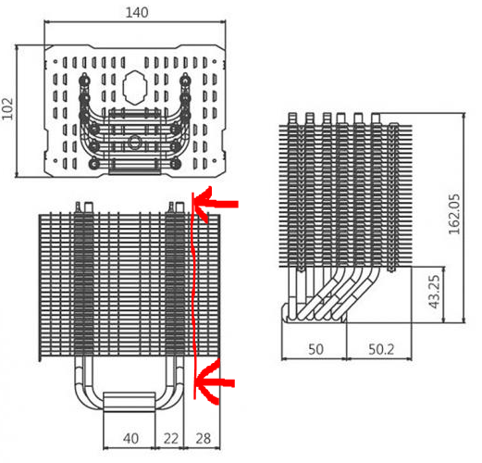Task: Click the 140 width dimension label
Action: coord(137,12)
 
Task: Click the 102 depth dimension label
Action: coord(7,108)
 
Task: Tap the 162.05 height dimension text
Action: coord(453,214)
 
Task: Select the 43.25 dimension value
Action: coord(435,292)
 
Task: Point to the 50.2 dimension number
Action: coord(381,349)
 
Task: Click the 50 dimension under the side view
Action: coord(315,349)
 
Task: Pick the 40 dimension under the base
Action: coord(130,439)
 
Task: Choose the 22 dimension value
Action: coord(171,439)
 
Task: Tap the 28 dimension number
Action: coord(203,439)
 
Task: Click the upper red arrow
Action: coord(216,204)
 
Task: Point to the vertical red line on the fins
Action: coord(193,295)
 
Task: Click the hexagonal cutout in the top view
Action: coord(135,87)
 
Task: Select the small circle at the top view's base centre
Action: coord(134,143)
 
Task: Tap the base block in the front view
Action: coord(129,402)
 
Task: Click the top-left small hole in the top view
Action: coord(56,62)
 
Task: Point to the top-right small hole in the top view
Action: coord(215,62)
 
